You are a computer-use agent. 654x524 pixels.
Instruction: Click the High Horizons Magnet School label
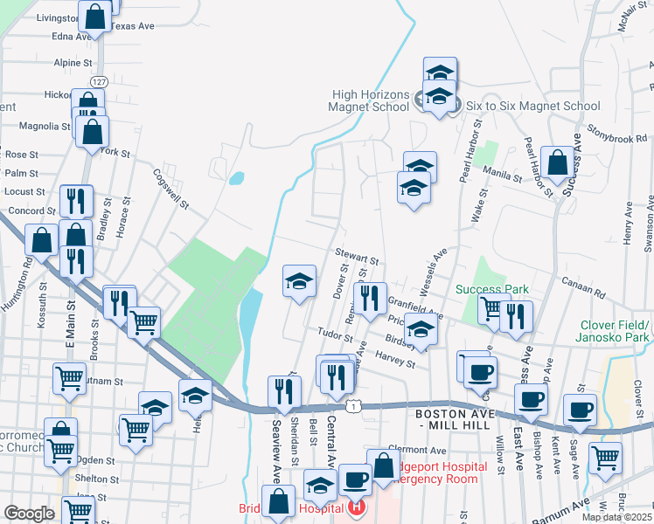370,100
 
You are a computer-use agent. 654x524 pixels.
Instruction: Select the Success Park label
491,289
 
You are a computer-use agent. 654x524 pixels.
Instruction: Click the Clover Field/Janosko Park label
615,331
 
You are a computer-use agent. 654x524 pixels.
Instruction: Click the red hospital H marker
357,506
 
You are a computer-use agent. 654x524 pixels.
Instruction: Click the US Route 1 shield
352,406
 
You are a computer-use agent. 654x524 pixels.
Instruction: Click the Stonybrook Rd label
617,137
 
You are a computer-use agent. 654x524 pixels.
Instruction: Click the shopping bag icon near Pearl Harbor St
557,162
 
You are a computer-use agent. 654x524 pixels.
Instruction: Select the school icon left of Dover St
299,281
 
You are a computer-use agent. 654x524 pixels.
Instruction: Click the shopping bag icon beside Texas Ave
96,16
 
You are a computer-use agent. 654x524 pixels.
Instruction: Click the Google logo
29,514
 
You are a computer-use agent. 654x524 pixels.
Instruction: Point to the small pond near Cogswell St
236,179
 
